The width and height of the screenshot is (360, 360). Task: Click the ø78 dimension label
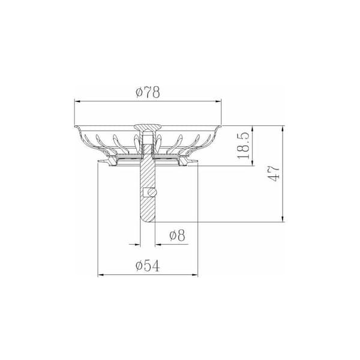coord(148,92)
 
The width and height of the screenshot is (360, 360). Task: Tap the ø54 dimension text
coord(148,266)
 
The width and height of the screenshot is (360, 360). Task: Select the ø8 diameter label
coord(177,235)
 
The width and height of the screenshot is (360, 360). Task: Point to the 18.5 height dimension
coord(244,146)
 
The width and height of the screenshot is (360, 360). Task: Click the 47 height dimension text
coord(274,173)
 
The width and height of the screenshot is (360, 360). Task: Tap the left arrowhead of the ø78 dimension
coord(78,101)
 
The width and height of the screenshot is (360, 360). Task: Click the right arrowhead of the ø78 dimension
coord(218,101)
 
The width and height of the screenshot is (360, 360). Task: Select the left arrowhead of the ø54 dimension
coord(101,275)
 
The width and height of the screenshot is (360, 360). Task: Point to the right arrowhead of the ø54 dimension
coord(194,275)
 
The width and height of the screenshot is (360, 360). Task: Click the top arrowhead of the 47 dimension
coord(283,129)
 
